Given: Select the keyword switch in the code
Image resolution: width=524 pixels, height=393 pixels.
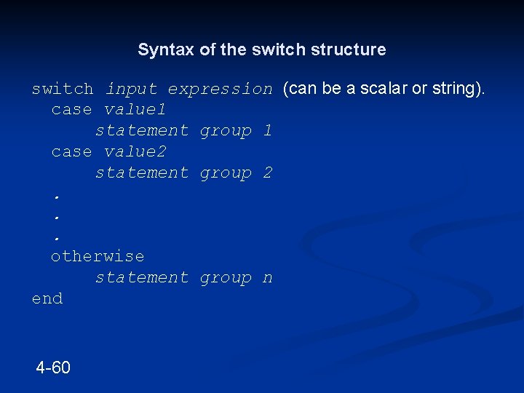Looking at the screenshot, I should pos(63,89).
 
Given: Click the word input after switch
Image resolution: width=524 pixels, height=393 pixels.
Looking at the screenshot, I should pos(131,89).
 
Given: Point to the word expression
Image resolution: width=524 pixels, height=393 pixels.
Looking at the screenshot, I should pos(220,89).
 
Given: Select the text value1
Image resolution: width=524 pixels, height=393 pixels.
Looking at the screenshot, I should pos(135,110).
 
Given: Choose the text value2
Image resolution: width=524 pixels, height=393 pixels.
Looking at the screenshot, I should pos(135,152).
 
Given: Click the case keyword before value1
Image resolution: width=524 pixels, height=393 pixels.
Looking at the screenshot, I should pos(71,110).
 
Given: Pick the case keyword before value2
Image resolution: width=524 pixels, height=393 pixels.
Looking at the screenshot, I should pos(71,152).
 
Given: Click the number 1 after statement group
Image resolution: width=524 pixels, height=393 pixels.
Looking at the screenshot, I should pos(267,131).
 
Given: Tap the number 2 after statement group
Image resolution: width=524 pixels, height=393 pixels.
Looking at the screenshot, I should pos(267,173).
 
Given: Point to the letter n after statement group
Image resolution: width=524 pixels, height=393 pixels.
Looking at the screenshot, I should pos(267,278).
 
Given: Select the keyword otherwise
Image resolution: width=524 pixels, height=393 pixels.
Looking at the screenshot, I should pos(98,256).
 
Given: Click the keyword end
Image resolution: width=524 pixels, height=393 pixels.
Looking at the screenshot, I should pos(47,298).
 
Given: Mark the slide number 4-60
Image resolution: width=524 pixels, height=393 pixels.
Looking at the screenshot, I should pos(53,368).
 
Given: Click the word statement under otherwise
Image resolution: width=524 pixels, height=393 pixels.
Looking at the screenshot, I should pos(142,278).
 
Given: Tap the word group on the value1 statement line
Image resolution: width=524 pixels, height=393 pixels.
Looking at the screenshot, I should pos(226,131).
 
